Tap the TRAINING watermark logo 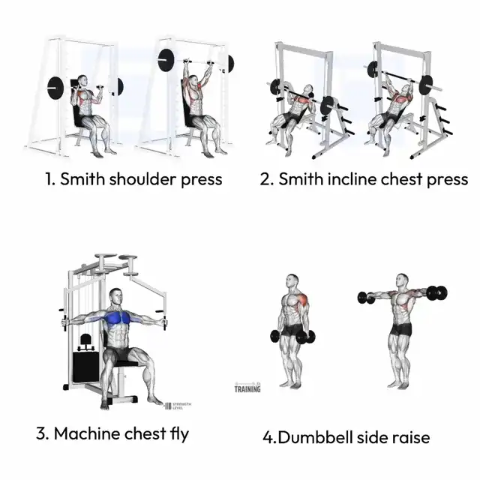[247, 388]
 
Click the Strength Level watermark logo [178, 406]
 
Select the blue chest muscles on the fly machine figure [118, 318]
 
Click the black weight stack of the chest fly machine [85, 367]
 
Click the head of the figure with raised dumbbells [402, 281]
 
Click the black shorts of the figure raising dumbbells [401, 328]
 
